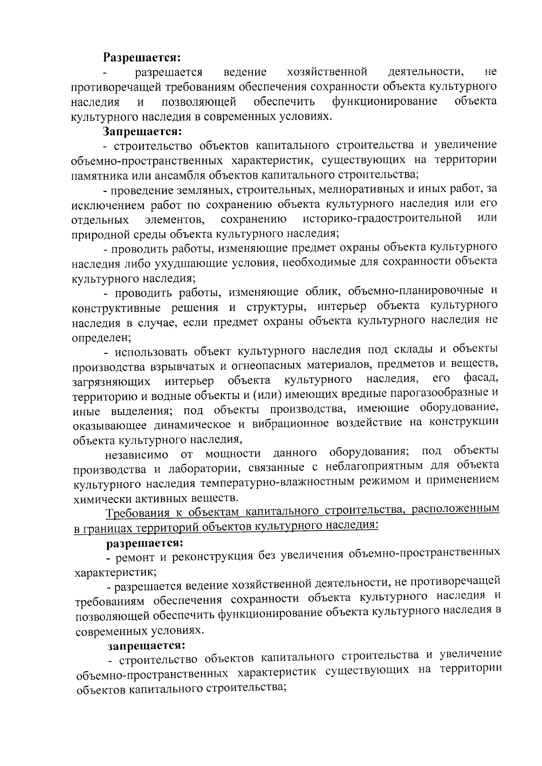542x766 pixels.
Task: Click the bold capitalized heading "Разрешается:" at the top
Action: click(x=142, y=57)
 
